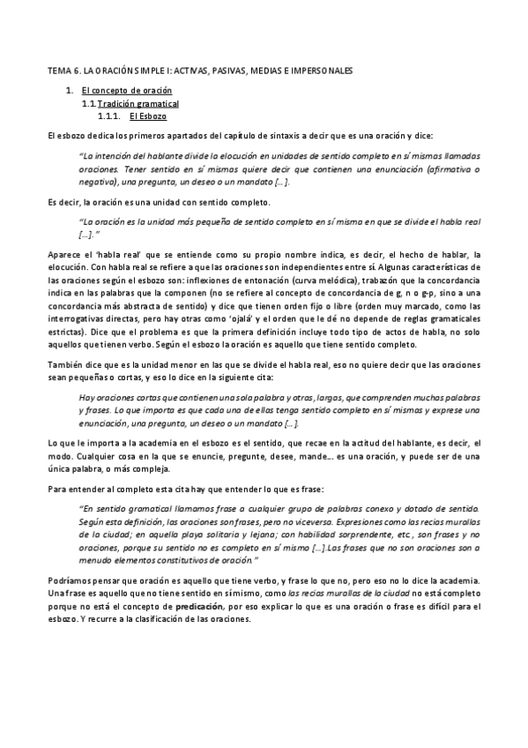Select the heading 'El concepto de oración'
[127, 91]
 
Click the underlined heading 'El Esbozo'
[148, 116]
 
